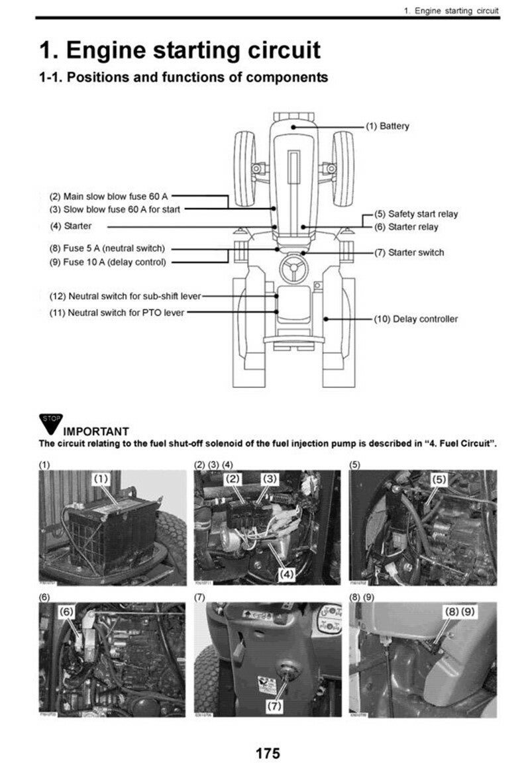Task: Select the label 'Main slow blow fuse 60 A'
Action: coord(109,197)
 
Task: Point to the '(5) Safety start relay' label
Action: coord(416,214)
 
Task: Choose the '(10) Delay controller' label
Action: coord(415,319)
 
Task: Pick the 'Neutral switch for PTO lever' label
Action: coord(117,312)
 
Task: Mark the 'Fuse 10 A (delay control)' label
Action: coord(107,262)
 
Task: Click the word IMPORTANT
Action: coord(95,432)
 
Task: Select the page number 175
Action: coord(268,753)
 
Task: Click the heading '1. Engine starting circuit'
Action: coord(180,50)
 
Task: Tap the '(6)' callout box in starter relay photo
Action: coord(67,612)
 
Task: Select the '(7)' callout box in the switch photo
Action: coord(274,706)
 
